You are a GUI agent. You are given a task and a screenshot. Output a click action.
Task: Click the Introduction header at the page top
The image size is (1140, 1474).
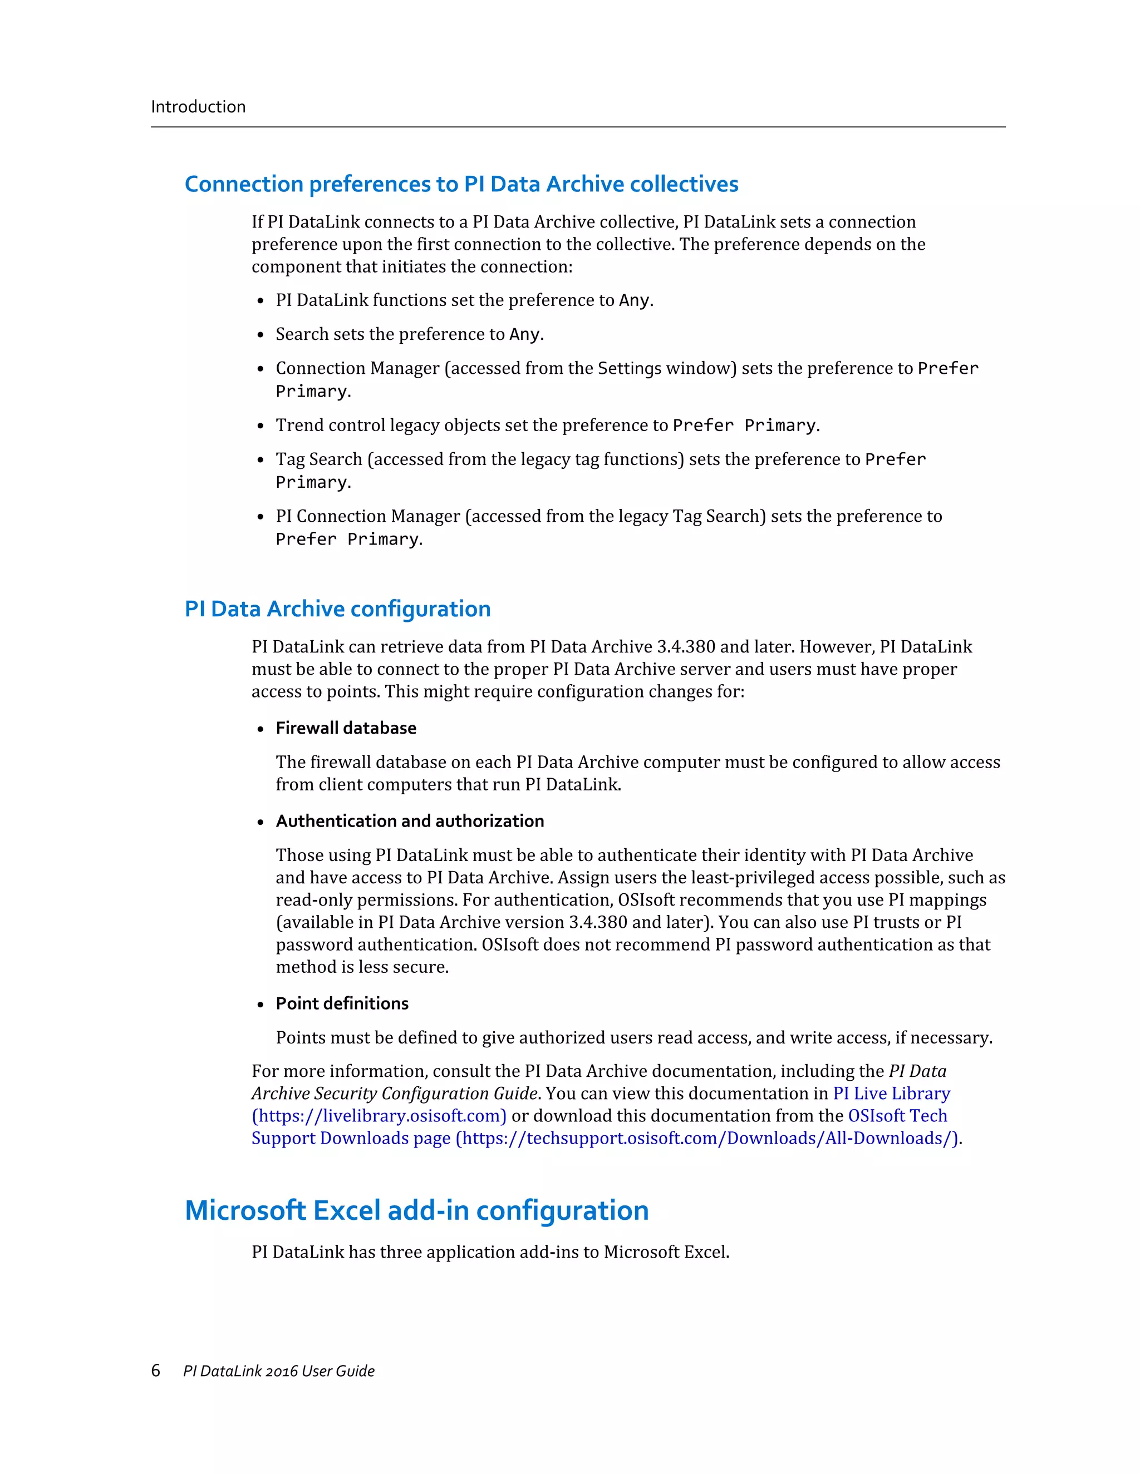pyautogui.click(x=198, y=107)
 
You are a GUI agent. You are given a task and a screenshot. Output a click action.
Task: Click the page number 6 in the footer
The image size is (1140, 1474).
pyautogui.click(x=155, y=1370)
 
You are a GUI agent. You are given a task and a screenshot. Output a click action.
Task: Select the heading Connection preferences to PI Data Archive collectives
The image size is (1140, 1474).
pyautogui.click(x=461, y=184)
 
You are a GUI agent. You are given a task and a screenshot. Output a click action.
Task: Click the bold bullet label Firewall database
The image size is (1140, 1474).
pyautogui.click(x=346, y=728)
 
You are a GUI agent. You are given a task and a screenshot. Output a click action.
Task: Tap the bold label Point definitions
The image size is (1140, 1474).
pyautogui.click(x=342, y=1003)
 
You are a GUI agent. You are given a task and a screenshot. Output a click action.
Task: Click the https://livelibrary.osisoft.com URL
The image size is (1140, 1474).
pyautogui.click(x=379, y=1116)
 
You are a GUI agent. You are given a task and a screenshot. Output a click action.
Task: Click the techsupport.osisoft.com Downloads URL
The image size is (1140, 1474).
pyautogui.click(x=706, y=1138)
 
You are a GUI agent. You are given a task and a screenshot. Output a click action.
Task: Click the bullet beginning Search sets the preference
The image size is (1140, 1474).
pyautogui.click(x=409, y=334)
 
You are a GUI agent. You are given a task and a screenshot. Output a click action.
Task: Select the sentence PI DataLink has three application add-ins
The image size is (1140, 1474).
pyautogui.click(x=490, y=1252)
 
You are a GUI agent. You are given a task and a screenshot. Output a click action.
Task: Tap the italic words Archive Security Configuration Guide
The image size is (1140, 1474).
pyautogui.click(x=395, y=1094)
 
